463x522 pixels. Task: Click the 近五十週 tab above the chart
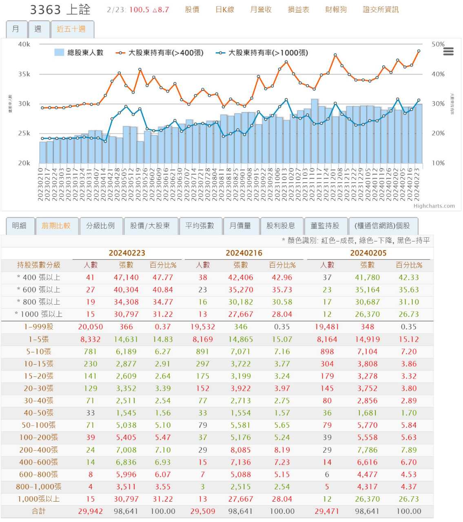click(x=71, y=29)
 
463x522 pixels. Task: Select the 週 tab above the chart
click(x=38, y=29)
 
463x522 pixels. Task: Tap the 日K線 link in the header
click(x=225, y=9)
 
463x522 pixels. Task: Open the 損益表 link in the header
click(x=299, y=9)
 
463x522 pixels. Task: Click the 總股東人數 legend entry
click(x=79, y=53)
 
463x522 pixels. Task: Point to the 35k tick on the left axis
click(x=24, y=74)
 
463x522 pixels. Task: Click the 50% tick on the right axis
click(x=438, y=44)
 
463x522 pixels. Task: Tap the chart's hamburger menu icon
click(x=448, y=51)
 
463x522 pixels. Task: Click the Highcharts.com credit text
click(x=434, y=206)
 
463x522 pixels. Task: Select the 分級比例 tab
click(x=100, y=226)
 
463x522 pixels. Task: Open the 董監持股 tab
click(x=325, y=226)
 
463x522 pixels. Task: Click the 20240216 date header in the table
click(x=244, y=253)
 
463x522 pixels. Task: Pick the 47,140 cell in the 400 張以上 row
click(x=126, y=277)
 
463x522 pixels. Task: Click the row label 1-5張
click(x=38, y=339)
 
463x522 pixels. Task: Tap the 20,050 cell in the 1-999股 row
click(x=91, y=327)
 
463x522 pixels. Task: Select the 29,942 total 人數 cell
click(x=91, y=511)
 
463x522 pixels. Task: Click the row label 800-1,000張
click(x=38, y=487)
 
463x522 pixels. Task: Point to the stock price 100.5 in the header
click(x=139, y=9)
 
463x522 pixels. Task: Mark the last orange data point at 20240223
click(x=419, y=51)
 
